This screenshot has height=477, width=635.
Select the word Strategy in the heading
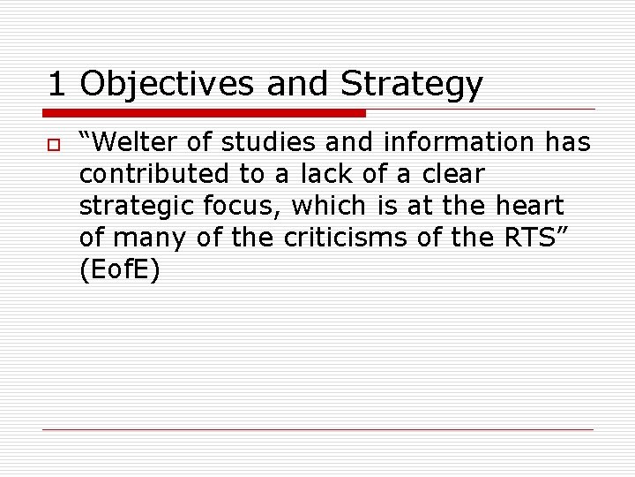pos(412,85)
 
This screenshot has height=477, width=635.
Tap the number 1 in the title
pos(57,84)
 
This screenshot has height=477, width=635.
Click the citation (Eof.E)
pos(120,270)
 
